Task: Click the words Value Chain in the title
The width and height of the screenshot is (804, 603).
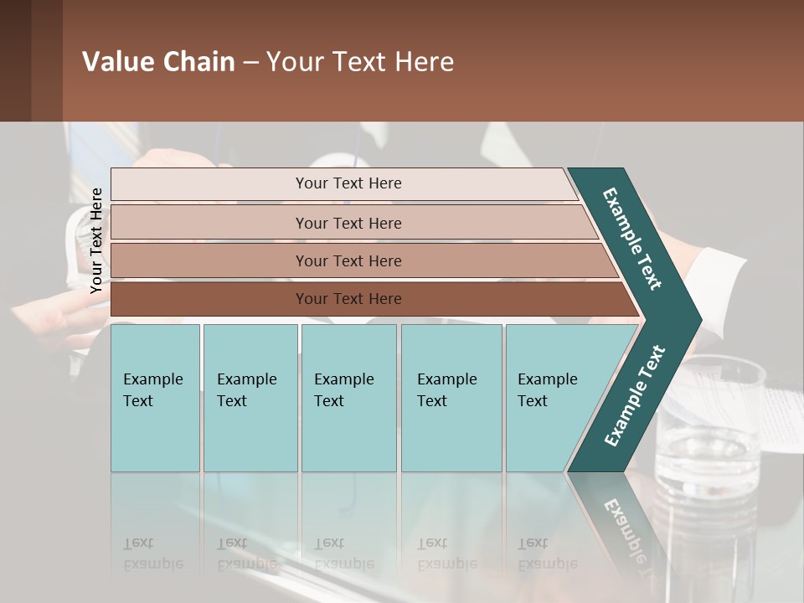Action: click(x=158, y=62)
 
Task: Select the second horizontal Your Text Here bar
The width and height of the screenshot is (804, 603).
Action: click(x=348, y=223)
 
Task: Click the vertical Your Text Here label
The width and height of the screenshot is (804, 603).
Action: click(x=96, y=240)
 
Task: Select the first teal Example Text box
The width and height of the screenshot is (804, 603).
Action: click(x=155, y=398)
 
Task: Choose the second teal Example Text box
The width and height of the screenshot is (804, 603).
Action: click(x=250, y=398)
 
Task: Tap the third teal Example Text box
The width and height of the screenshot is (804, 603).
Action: click(x=348, y=398)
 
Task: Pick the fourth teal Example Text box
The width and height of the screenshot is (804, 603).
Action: click(x=451, y=398)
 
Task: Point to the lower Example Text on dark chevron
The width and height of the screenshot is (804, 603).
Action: click(x=635, y=396)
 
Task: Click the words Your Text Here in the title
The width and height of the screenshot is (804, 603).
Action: click(x=360, y=62)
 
